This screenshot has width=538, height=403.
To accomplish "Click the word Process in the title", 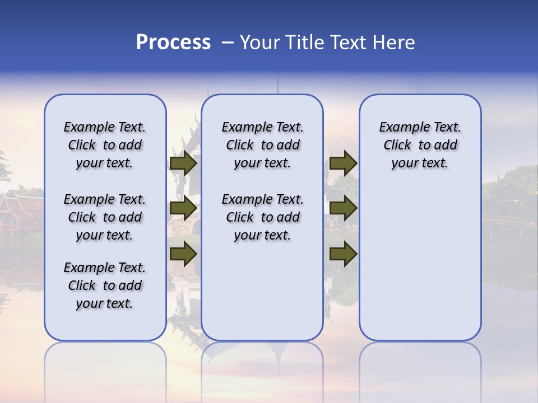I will (x=173, y=43).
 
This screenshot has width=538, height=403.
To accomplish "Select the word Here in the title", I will (x=395, y=43).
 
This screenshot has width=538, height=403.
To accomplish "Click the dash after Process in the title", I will (x=227, y=43).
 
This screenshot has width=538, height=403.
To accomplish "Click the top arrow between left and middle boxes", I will (x=183, y=163).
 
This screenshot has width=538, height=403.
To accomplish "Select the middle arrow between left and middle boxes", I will (x=183, y=209).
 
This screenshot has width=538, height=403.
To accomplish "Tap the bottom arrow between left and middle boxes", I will (x=183, y=254).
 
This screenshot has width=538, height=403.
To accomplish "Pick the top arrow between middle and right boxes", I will (x=343, y=163).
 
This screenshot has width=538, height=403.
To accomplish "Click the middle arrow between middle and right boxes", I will (x=343, y=209).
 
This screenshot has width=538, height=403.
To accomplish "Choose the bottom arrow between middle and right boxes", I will (x=343, y=254).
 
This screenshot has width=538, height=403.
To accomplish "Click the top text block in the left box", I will (x=105, y=145).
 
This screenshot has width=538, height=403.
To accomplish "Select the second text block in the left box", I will (x=105, y=217).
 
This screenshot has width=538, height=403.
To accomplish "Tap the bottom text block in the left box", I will (x=105, y=285).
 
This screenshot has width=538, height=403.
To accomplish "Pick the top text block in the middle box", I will (x=262, y=145).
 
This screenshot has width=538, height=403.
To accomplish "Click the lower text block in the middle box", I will (x=262, y=217).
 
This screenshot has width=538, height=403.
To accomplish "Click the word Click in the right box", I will (x=397, y=146).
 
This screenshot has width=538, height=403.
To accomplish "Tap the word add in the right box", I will (x=446, y=146).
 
